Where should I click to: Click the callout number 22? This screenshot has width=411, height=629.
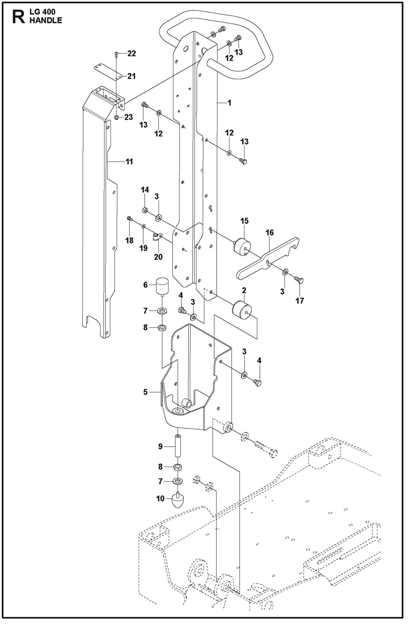pyautogui.click(x=131, y=53)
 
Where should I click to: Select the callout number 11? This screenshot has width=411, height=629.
pyautogui.click(x=129, y=162)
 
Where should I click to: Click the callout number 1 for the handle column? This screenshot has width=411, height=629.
pyautogui.click(x=229, y=103)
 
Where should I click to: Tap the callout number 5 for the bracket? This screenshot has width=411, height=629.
pyautogui.click(x=145, y=392)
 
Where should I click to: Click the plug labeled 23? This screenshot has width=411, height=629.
pyautogui.click(x=116, y=117)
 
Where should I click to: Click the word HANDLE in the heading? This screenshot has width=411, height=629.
pyautogui.click(x=46, y=20)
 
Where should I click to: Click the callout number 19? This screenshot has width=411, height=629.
pyautogui.click(x=143, y=248)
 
